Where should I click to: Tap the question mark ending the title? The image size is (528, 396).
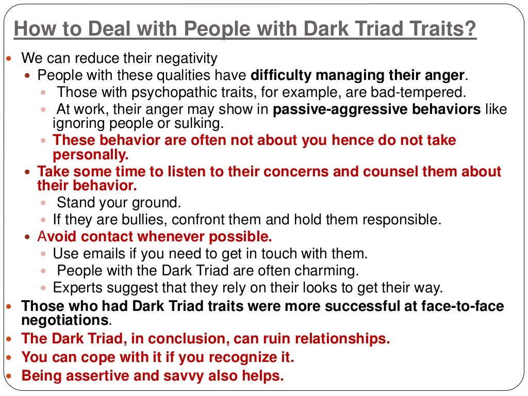tap(471, 29)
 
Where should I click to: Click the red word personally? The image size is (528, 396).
tap(90, 155)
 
